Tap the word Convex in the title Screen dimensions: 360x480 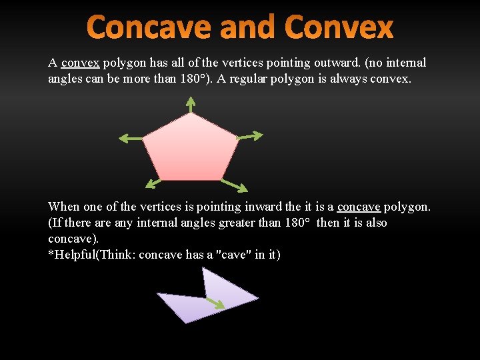point(339,28)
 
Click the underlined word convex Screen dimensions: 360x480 point(80,63)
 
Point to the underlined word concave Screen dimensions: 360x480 point(359,207)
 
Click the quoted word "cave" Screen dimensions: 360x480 point(235,255)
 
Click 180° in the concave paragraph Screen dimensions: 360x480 point(293,223)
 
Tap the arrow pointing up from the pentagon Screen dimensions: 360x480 point(191,105)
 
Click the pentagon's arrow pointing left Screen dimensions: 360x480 point(131,139)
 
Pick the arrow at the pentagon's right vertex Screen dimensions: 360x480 point(251,137)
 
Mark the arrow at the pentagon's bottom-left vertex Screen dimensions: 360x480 point(153,183)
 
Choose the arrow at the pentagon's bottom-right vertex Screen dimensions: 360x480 point(234,185)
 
